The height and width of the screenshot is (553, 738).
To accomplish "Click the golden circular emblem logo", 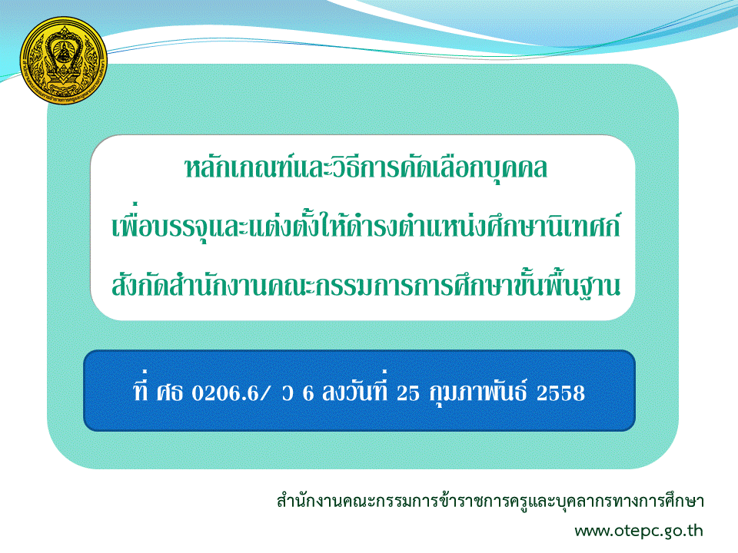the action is pos(64,60).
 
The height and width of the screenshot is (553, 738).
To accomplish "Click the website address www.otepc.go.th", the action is pos(639,531).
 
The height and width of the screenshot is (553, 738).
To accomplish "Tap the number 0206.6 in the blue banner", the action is pos(224,393).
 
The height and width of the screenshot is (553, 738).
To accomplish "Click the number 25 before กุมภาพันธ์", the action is pos(407,393).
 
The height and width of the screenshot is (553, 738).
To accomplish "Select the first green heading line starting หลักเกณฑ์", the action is pos(366,168).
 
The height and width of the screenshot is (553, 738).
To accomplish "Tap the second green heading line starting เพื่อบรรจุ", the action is pos(366,224).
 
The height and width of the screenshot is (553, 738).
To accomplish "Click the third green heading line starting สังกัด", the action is pos(366,283).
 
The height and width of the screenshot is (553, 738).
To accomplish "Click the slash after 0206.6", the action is pos(264,393).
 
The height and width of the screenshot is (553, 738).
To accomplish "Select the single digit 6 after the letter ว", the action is pos(308,393).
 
